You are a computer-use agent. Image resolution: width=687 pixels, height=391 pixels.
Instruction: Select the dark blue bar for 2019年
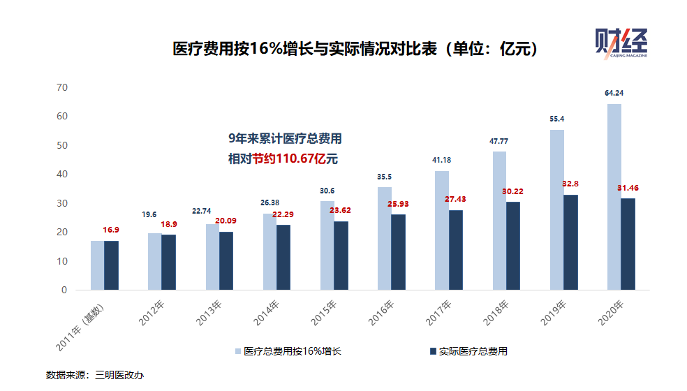pos(570,242)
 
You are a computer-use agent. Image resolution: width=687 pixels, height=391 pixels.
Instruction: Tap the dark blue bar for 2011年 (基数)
pos(112,265)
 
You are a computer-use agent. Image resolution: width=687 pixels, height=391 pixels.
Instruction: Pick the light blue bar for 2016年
pos(385,238)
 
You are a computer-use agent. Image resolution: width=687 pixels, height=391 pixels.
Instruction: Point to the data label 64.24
pos(614,93)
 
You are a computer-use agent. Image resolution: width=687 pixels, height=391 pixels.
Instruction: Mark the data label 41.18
pos(442,161)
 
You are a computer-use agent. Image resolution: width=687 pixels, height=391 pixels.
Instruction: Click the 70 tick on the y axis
pos(62,87)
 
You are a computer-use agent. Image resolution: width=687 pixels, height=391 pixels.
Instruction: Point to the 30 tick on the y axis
pos(62,203)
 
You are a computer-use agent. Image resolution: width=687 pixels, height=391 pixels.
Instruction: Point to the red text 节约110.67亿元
pos(295,159)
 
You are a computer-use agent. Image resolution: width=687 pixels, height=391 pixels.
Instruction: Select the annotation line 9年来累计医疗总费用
pos(285,138)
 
